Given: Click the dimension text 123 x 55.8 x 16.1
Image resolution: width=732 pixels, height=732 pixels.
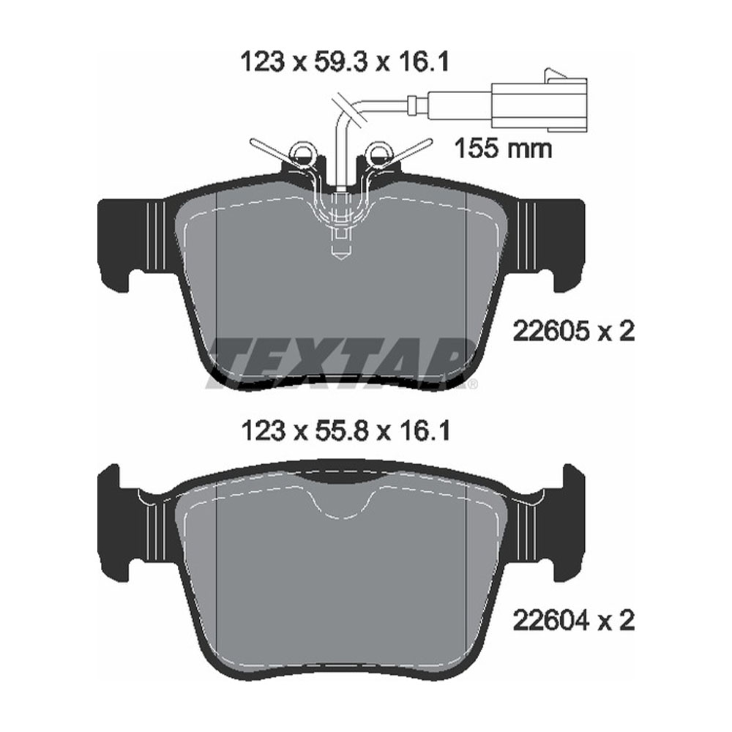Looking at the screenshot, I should click(x=344, y=432).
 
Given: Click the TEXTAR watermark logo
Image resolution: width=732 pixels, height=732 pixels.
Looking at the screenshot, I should click(x=340, y=362).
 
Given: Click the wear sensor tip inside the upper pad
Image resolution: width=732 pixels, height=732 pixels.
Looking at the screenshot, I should click(x=341, y=249).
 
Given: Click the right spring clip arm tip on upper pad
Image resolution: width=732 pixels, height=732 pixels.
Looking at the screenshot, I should click(x=427, y=141).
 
